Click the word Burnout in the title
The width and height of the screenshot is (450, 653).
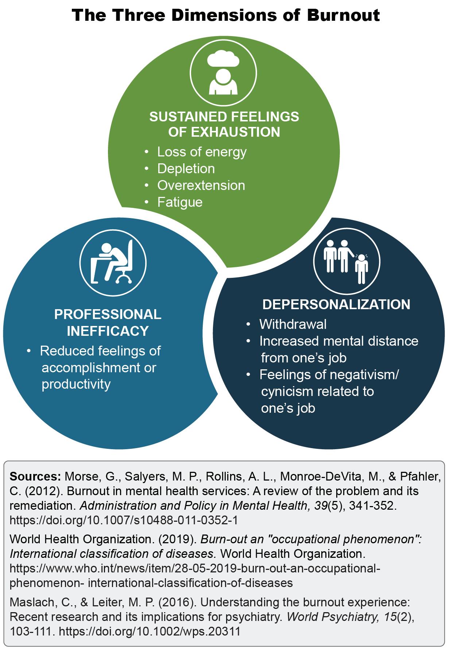[343, 15]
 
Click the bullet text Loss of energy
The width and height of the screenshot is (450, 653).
[202, 152]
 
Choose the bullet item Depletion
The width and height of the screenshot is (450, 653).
[186, 168]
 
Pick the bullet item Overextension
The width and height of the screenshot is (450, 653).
[201, 185]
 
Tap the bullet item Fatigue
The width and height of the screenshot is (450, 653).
[180, 202]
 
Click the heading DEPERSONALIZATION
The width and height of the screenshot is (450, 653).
[336, 304]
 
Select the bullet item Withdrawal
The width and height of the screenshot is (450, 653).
[293, 324]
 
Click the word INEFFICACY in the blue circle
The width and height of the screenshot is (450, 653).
[108, 331]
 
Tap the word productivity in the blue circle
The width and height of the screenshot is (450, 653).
[76, 384]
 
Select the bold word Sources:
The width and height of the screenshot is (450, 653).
[35, 476]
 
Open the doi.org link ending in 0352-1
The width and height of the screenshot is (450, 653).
[124, 520]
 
